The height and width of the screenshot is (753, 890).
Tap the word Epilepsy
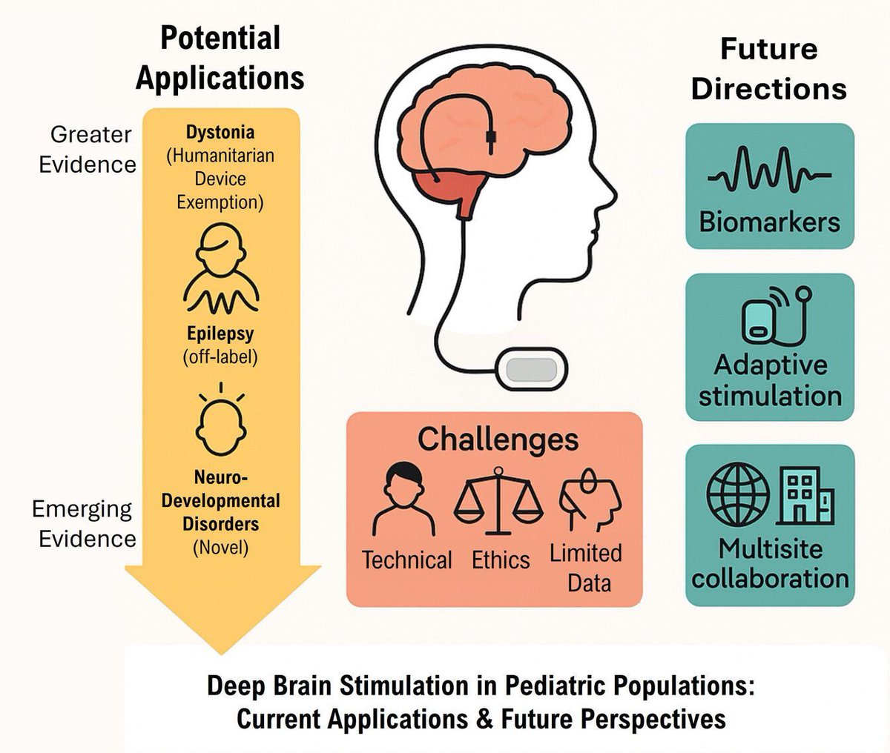(x=220, y=334)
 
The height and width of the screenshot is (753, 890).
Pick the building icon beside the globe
(x=804, y=496)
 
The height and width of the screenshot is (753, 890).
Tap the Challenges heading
(x=497, y=439)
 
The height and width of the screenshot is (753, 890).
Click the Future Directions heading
(x=768, y=69)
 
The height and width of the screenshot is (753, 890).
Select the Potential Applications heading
(x=220, y=58)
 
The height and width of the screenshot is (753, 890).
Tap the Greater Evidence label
(x=88, y=149)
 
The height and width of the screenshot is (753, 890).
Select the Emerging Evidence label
(x=84, y=523)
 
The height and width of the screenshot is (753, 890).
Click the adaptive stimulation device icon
(x=764, y=319)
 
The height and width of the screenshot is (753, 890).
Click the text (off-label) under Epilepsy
(x=220, y=356)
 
